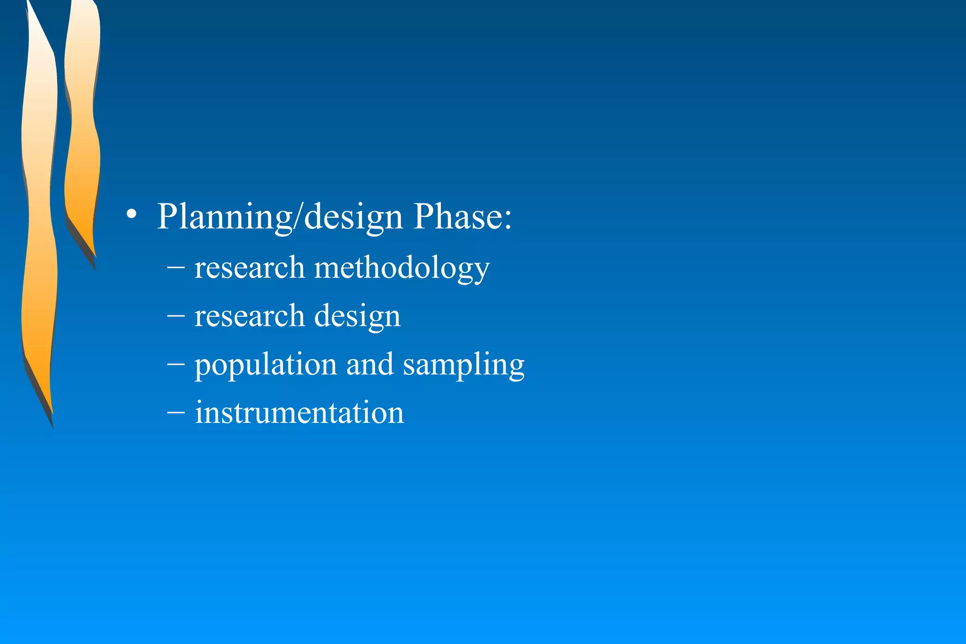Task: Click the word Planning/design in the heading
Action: [280, 217]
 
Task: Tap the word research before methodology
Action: [250, 267]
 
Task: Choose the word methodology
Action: [401, 269]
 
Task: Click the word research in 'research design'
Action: [250, 316]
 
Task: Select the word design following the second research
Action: [357, 317]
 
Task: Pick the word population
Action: [266, 365]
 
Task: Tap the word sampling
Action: [464, 365]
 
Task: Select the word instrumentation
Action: [300, 413]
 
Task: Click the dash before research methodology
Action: [175, 267]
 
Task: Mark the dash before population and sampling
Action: [175, 364]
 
